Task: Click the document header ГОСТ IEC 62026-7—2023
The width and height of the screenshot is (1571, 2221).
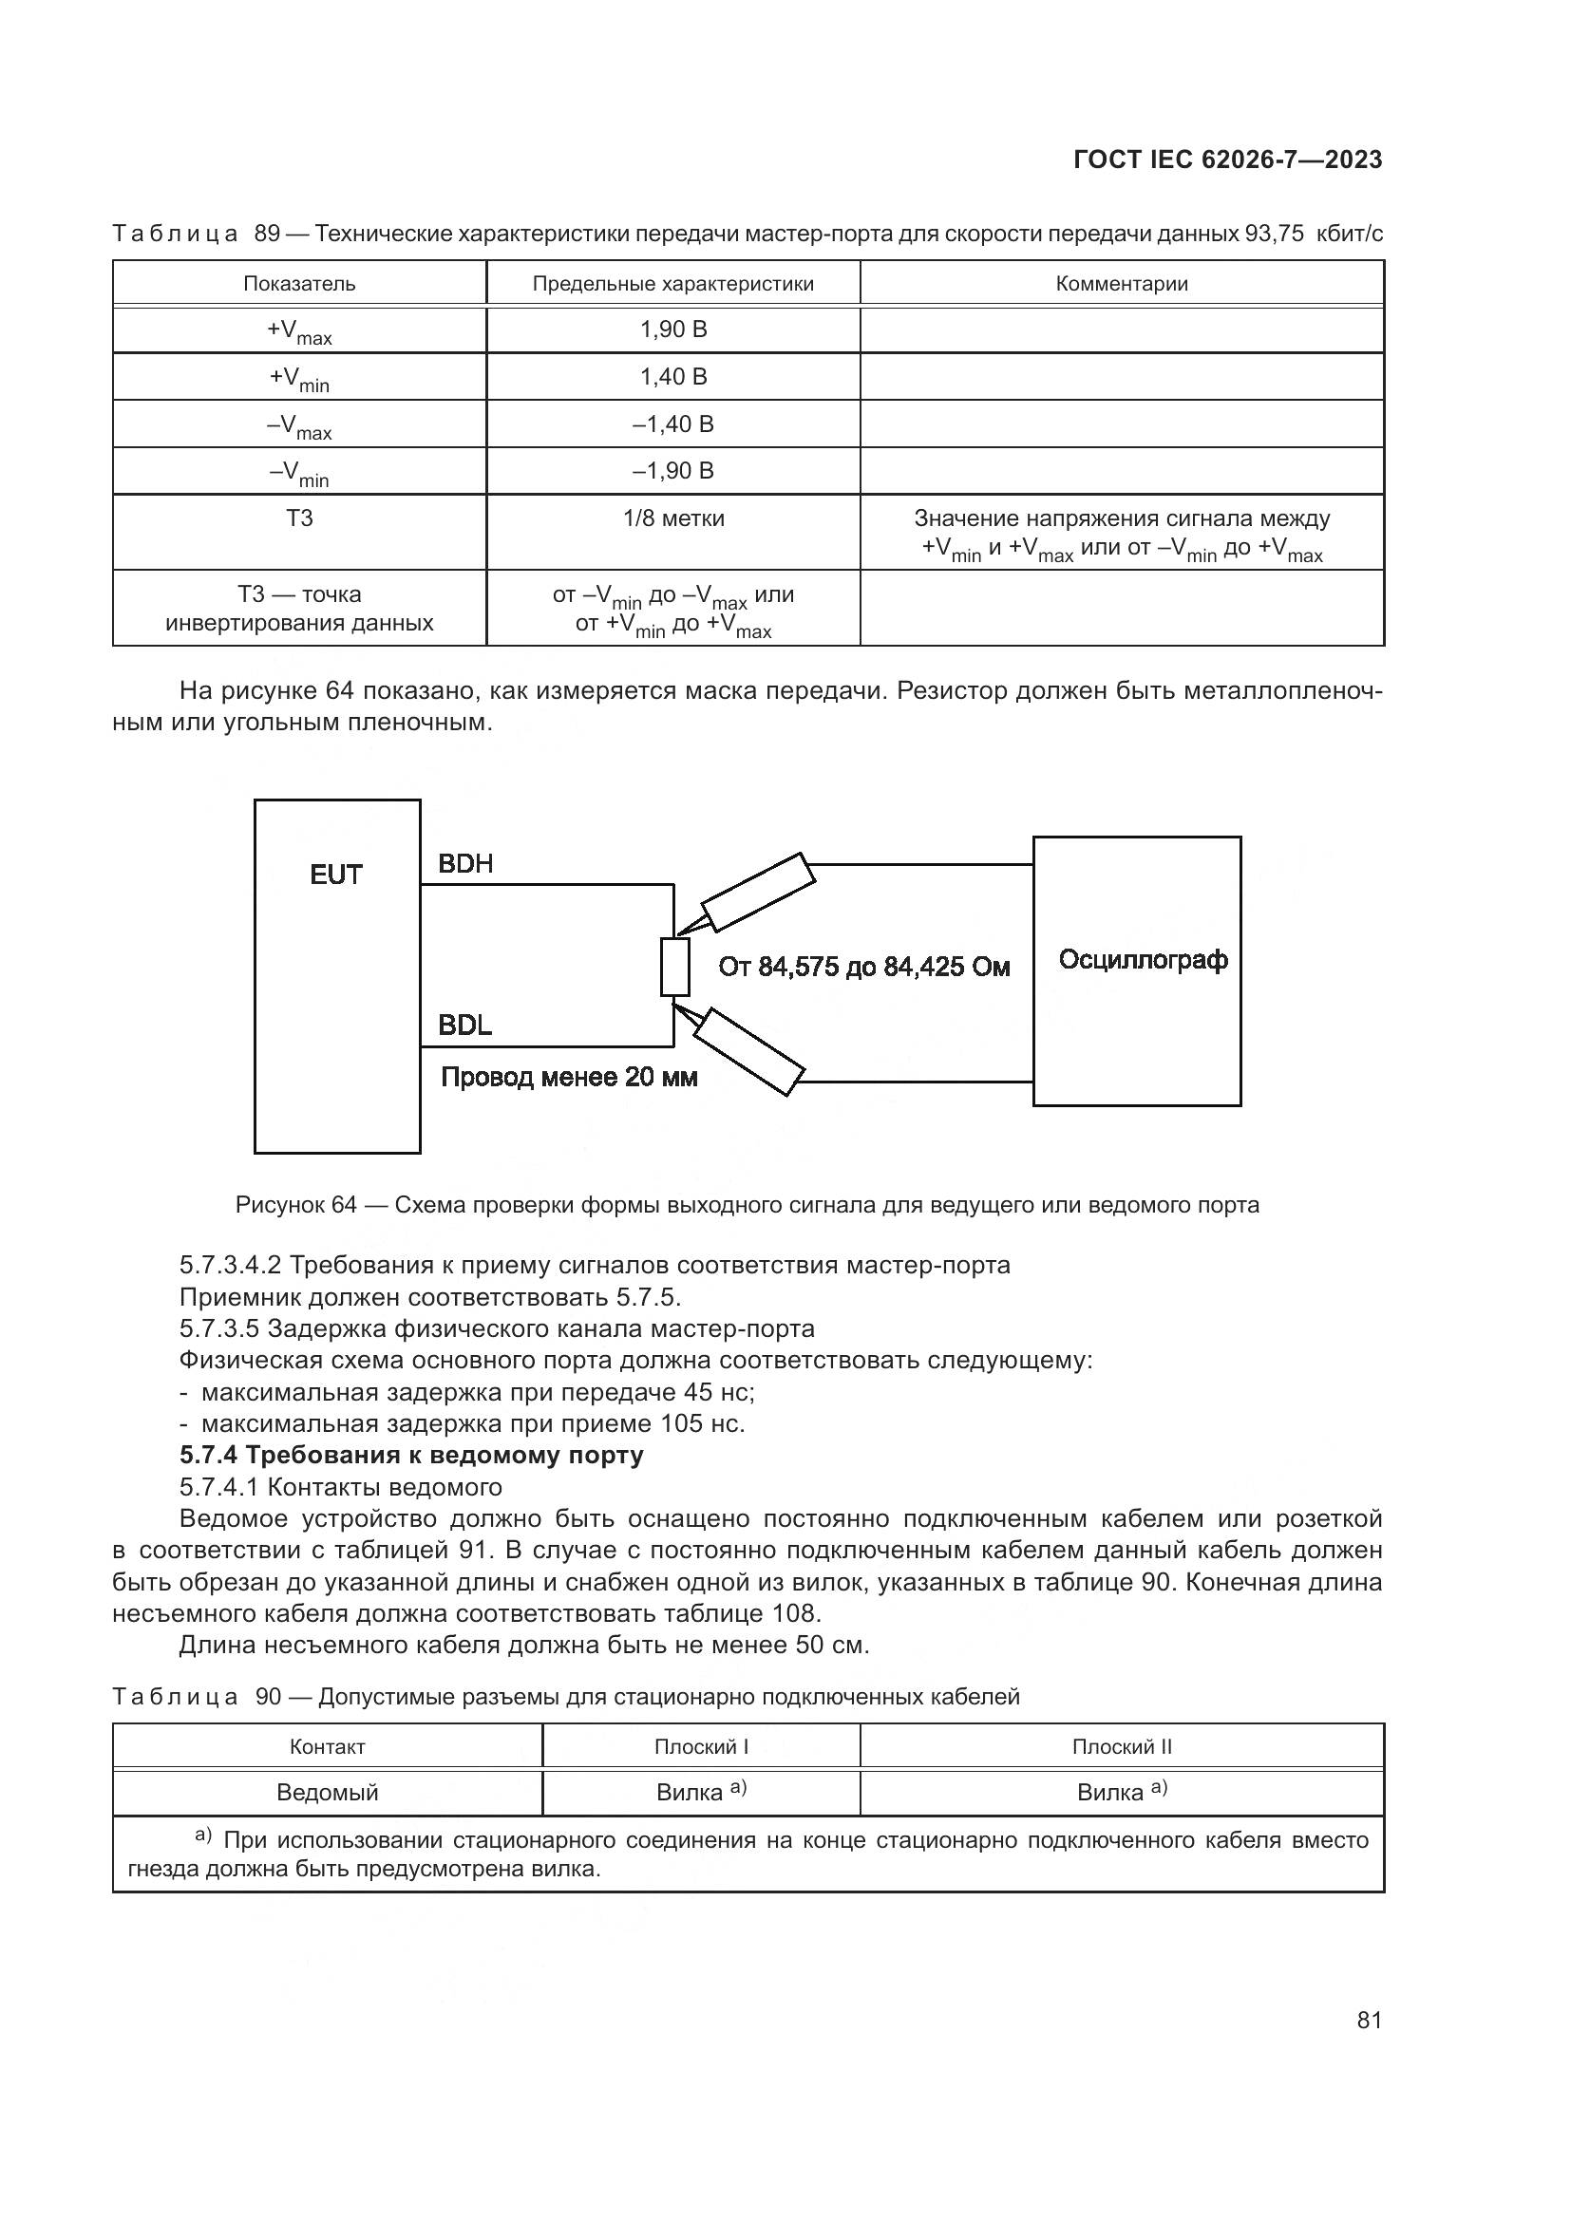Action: click(1227, 160)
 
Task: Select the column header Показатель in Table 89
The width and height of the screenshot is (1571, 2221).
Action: click(299, 283)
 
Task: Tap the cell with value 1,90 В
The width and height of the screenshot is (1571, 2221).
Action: click(673, 329)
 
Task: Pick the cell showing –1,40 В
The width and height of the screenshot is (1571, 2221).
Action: click(673, 423)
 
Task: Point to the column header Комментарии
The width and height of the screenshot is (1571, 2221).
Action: click(1122, 283)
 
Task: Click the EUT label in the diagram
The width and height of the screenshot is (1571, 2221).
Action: click(335, 875)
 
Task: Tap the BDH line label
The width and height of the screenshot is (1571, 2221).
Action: click(465, 864)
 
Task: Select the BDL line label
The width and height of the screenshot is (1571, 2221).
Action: click(464, 1026)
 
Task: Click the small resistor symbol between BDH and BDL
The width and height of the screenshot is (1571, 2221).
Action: click(675, 967)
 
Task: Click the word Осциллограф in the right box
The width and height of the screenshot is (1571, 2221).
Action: click(1144, 960)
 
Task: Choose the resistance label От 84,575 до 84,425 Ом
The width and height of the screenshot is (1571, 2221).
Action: click(863, 967)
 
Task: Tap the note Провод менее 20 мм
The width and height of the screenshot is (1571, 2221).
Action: click(569, 1077)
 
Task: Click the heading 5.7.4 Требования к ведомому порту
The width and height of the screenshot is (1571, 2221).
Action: click(411, 1455)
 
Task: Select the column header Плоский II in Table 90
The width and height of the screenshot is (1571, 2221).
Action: click(1122, 1747)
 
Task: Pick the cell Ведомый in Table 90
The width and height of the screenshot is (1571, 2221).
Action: click(327, 1793)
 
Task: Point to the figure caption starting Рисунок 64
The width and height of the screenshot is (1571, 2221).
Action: click(748, 1205)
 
